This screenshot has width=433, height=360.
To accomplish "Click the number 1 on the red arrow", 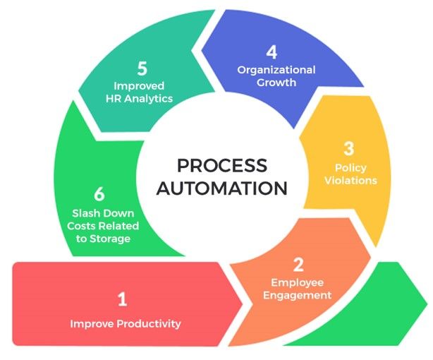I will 122,299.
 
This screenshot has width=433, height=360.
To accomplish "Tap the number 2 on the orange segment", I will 298,265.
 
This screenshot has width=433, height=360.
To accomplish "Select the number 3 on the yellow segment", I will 348,149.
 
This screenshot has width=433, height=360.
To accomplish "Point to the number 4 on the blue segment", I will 272,52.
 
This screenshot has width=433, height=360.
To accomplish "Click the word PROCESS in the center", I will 221,166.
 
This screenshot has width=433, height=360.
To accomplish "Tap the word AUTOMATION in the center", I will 221,188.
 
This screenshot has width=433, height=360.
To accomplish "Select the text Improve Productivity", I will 126,324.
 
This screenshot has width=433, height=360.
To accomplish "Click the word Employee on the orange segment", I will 298,282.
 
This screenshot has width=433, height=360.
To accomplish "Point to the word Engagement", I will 298,295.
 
